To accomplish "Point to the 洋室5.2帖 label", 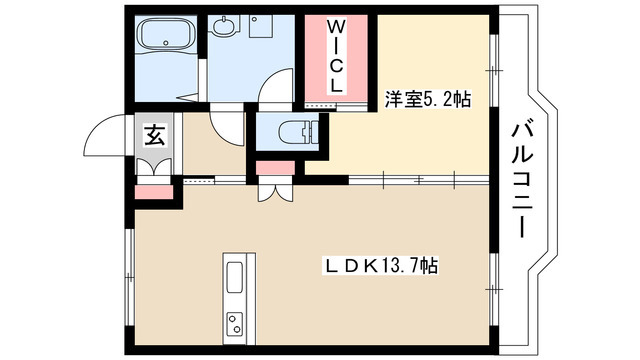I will pos(428,99).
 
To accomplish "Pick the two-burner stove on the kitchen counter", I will pos(236,323).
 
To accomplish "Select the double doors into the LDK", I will pos(271,187).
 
